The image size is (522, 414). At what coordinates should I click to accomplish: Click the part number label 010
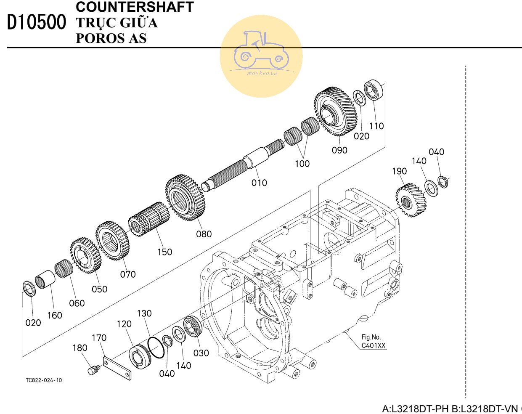[259, 183]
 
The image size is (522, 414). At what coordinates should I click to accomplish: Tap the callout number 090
[339, 150]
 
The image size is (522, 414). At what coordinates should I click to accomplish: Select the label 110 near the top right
[376, 126]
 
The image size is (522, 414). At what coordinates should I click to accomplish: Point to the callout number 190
[399, 171]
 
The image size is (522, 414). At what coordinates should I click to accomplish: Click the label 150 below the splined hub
[164, 252]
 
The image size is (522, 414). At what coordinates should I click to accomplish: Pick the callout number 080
[204, 234]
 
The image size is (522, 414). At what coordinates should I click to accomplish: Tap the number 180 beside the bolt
[80, 348]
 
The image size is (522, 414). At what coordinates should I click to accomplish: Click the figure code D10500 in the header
[37, 23]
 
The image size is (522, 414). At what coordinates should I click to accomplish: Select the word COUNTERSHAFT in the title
[135, 7]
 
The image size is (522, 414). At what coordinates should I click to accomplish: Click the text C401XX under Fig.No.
[374, 346]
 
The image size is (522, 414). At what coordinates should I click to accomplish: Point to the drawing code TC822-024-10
[44, 380]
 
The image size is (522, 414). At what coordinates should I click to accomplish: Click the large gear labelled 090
[335, 111]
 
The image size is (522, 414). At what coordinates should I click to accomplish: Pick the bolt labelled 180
[93, 370]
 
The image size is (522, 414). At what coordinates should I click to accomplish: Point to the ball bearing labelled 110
[374, 90]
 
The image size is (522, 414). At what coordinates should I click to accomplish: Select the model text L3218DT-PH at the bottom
[415, 409]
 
